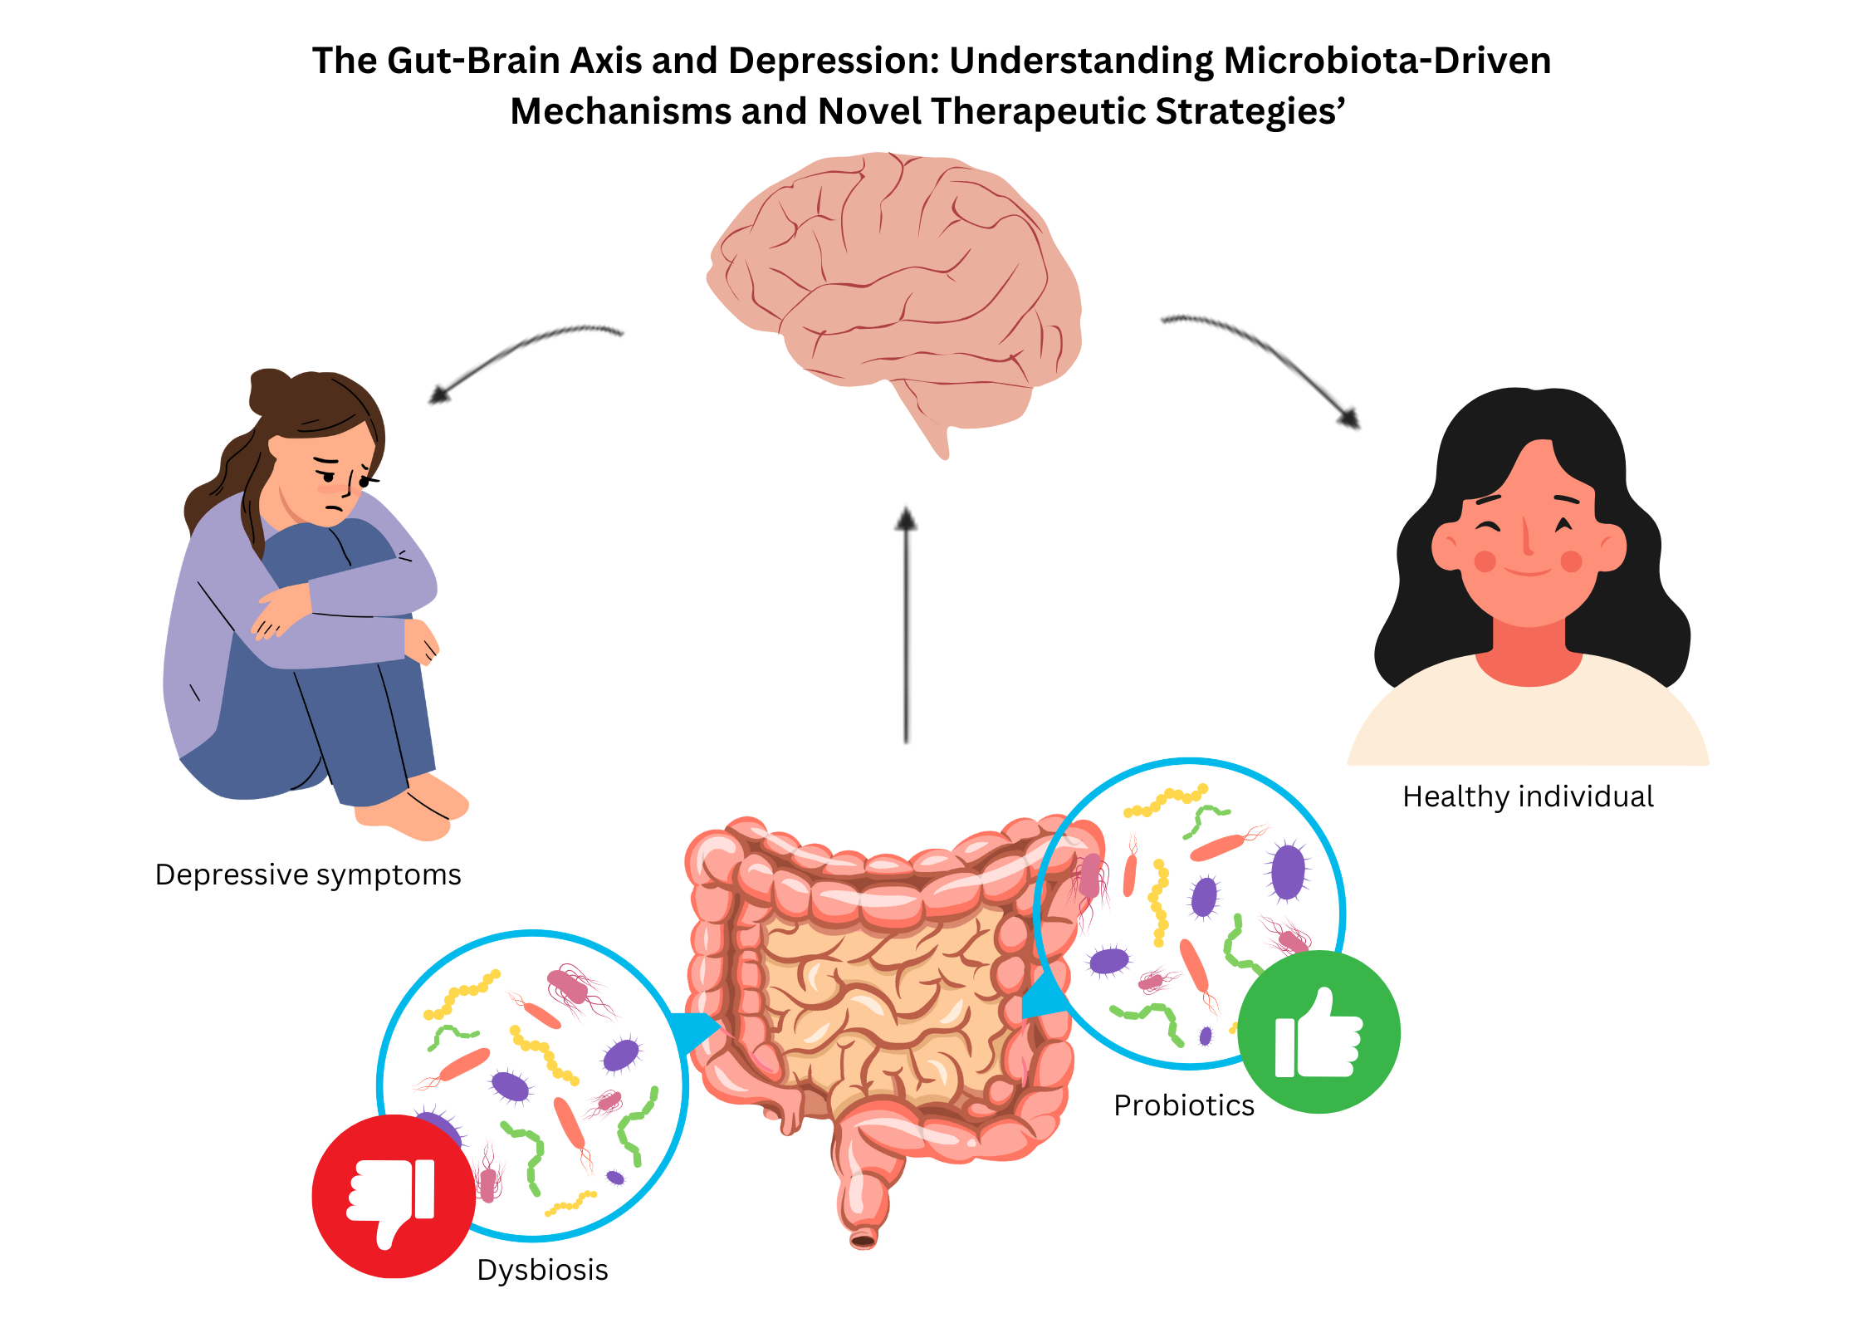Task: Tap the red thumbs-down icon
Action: pyautogui.click(x=393, y=1196)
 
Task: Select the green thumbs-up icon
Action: pyautogui.click(x=1318, y=1032)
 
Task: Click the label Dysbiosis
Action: pyautogui.click(x=542, y=1270)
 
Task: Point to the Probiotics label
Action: pyautogui.click(x=1183, y=1105)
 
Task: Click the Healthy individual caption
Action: pyautogui.click(x=1528, y=796)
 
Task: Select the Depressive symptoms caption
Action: pyautogui.click(x=308, y=875)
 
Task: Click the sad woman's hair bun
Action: pyautogui.click(x=269, y=390)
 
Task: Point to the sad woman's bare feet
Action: pyautogui.click(x=415, y=810)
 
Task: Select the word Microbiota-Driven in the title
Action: pyautogui.click(x=1387, y=61)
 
